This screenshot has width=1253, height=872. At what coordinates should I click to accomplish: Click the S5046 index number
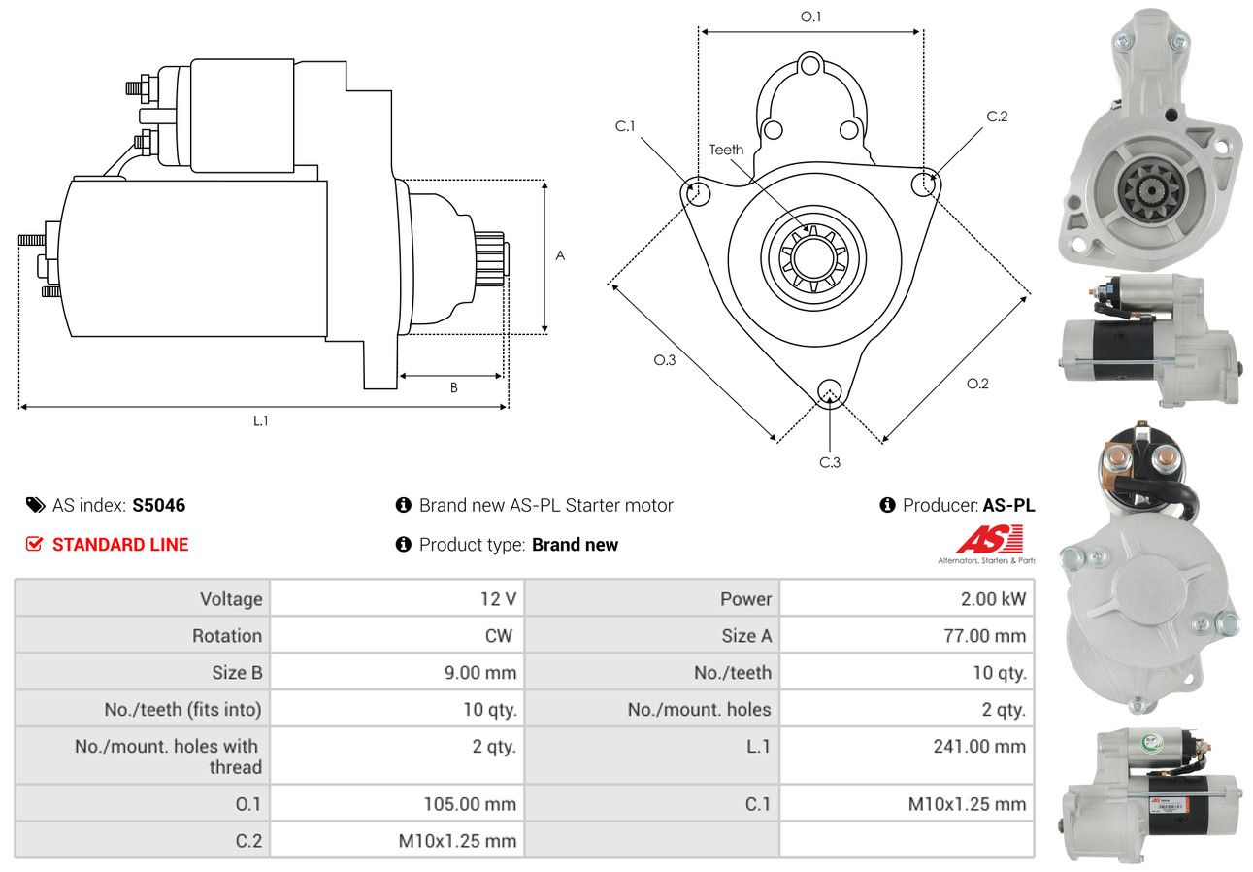tap(158, 505)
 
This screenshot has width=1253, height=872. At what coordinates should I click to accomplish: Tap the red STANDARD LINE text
tap(120, 545)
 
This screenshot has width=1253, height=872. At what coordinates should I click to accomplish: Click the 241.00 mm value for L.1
tap(979, 746)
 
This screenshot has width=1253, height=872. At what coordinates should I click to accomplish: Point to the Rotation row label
tap(227, 636)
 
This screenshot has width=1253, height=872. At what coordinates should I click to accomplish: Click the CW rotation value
tap(499, 636)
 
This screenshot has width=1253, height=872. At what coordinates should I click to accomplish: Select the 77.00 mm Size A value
tap(984, 636)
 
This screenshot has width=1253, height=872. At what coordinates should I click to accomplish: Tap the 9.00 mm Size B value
tap(480, 673)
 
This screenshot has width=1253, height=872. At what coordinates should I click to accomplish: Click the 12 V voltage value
tap(498, 599)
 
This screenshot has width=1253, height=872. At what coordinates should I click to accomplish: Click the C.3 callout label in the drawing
tap(830, 462)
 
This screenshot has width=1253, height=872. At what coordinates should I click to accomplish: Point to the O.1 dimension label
tap(811, 17)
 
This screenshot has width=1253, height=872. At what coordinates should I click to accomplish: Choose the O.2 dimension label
tap(977, 384)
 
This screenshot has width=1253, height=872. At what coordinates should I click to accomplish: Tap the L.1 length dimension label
tap(261, 420)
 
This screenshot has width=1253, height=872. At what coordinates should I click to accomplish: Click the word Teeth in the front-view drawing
tap(726, 150)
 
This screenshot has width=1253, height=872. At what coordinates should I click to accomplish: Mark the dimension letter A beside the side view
tap(560, 255)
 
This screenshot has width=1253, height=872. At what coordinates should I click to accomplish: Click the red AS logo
tap(990, 538)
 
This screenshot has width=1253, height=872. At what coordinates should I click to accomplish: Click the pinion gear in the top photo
tap(1151, 191)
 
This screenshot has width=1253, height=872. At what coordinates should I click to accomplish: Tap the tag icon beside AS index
tap(36, 505)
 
